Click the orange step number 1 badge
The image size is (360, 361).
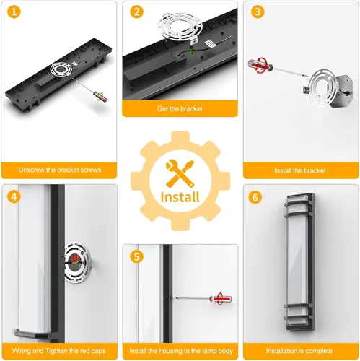pyautogui.click(x=14, y=12)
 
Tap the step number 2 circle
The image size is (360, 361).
pyautogui.click(x=136, y=12)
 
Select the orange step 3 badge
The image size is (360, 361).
pyautogui.click(x=258, y=12)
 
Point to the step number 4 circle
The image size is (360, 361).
pyautogui.click(x=14, y=196)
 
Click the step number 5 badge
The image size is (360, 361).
pyautogui.click(x=136, y=256)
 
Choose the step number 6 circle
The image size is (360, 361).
pyautogui.click(x=255, y=197)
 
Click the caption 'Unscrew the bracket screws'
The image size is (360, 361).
pyautogui.click(x=60, y=170)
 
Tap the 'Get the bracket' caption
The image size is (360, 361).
pyautogui.click(x=180, y=108)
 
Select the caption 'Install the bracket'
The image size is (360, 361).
pyautogui.click(x=300, y=170)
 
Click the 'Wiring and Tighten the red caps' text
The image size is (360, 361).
pyautogui.click(x=59, y=351)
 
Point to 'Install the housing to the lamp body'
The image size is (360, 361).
pyautogui.click(x=181, y=351)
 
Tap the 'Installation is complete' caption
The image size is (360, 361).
pyautogui.click(x=299, y=351)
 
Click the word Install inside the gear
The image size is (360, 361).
pyautogui.click(x=180, y=197)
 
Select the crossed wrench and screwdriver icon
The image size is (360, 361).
pyautogui.click(x=180, y=173)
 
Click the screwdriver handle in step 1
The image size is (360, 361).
pyautogui.click(x=100, y=96)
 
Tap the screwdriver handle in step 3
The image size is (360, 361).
pyautogui.click(x=260, y=64)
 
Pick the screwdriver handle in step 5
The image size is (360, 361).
pyautogui.click(x=221, y=299)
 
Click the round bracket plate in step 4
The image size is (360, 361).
pyautogui.click(x=77, y=262)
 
